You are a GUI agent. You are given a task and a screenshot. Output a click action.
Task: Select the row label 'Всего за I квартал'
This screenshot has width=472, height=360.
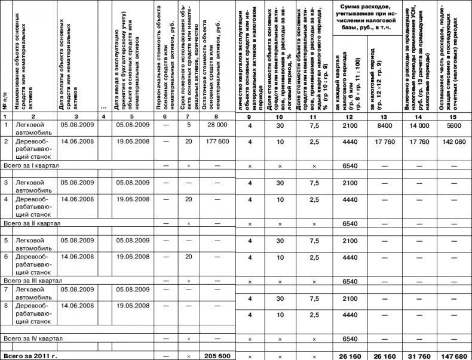point(29,164)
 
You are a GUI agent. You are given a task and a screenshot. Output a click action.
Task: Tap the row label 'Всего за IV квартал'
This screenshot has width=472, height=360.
point(33,339)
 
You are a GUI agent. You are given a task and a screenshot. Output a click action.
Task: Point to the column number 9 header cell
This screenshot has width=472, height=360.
point(250,115)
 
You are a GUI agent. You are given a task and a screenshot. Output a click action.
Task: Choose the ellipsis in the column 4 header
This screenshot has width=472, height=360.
point(104,107)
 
